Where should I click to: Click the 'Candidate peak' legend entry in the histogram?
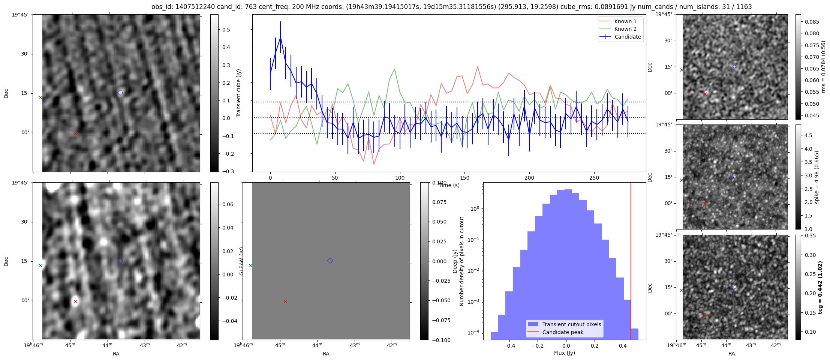click(563, 332)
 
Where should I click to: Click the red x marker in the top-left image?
click(75, 133)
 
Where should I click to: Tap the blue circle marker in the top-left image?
click(120, 93)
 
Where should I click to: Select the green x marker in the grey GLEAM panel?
click(250, 266)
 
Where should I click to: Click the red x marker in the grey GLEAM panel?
click(285, 301)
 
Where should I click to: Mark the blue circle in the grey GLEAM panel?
click(330, 261)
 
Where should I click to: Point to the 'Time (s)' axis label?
click(449, 185)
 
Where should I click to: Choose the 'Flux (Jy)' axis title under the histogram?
click(564, 353)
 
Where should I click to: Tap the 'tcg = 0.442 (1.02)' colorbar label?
click(821, 287)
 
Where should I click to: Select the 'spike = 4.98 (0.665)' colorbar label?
click(817, 177)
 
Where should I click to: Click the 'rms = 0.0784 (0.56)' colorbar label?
click(823, 67)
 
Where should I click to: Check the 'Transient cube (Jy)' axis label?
click(239, 93)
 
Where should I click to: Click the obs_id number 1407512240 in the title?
click(195, 7)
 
